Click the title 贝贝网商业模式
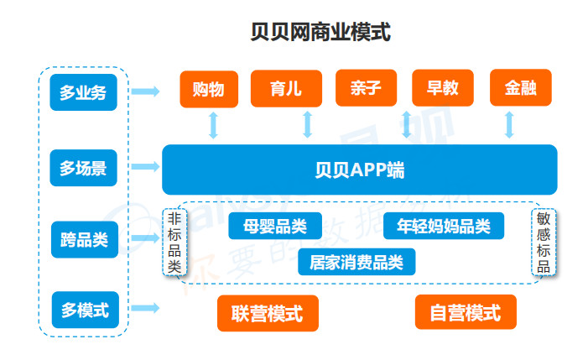pyautogui.click(x=320, y=32)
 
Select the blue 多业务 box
pyautogui.click(x=83, y=92)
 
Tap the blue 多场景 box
pyautogui.click(x=83, y=168)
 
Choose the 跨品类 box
pyautogui.click(x=85, y=240)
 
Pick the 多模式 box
pyautogui.click(x=85, y=310)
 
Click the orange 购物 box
pyautogui.click(x=209, y=89)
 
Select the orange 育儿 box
pyautogui.click(x=286, y=88)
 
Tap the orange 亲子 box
pyautogui.click(x=366, y=88)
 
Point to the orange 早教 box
pyautogui.click(x=443, y=88)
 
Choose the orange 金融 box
pyautogui.click(x=521, y=87)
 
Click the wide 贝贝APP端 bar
pyautogui.click(x=360, y=170)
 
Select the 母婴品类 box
pyautogui.click(x=275, y=226)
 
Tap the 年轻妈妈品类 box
pyautogui.click(x=444, y=226)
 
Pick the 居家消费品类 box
pyautogui.click(x=356, y=262)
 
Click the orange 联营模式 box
pyautogui.click(x=268, y=313)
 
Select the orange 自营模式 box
pyautogui.click(x=466, y=312)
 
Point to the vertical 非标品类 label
pyautogui.click(x=174, y=243)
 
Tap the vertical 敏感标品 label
pyautogui.click(x=544, y=243)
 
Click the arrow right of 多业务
pyautogui.click(x=145, y=91)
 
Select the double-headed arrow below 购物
pyautogui.click(x=213, y=125)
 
